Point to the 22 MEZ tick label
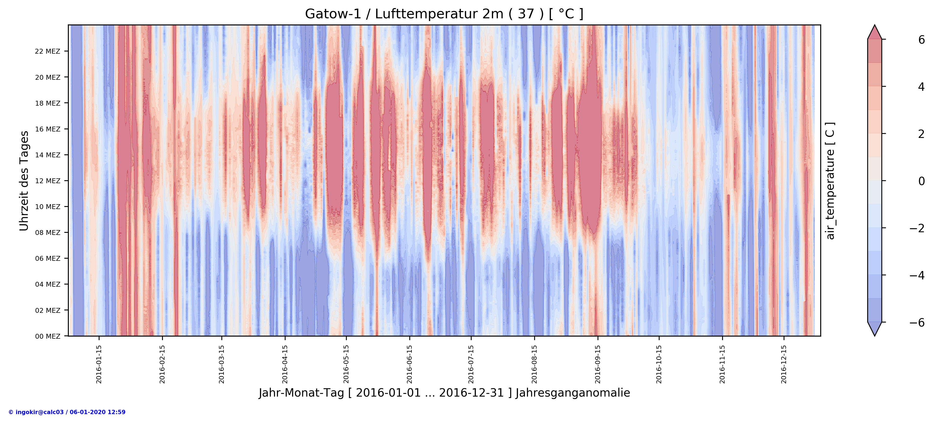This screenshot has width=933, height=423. click(47, 51)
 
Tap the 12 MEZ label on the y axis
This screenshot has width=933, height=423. click(47, 181)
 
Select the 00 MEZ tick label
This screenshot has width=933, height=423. click(47, 336)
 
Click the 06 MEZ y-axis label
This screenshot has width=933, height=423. click(47, 258)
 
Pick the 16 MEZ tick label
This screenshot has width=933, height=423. click(47, 129)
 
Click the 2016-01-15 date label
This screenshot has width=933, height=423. click(99, 364)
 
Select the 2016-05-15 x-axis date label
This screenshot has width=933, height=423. click(346, 364)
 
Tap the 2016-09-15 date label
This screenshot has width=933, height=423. click(598, 364)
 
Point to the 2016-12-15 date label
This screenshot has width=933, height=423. click(784, 364)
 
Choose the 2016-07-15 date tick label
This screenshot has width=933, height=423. click(471, 364)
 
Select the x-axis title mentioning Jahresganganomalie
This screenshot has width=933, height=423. click(444, 393)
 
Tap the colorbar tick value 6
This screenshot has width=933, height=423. click(921, 40)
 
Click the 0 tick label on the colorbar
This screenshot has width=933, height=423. click(921, 181)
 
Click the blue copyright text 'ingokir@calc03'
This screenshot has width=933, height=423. click(67, 412)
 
